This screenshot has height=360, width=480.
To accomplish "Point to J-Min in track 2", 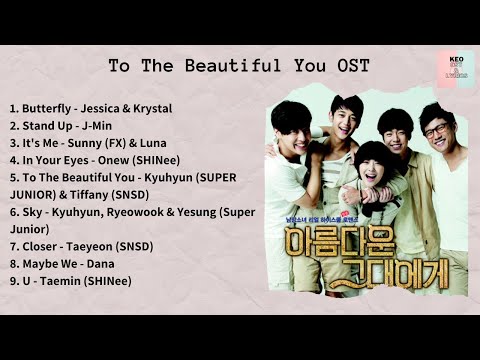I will coord(98,125).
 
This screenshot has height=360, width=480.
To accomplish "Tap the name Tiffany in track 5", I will coord(106,194).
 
